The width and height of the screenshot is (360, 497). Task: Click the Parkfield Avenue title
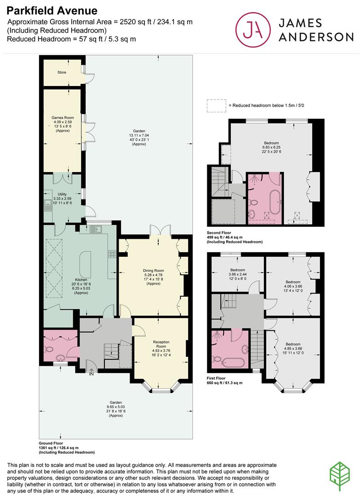(x=52, y=11)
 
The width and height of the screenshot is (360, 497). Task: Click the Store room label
(x=62, y=72)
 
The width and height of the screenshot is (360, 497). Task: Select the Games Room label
(x=63, y=118)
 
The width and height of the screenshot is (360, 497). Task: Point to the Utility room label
(x=62, y=194)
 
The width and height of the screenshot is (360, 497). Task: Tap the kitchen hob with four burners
(x=112, y=254)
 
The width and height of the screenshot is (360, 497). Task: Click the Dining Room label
(x=153, y=271)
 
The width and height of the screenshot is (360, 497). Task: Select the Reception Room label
(x=161, y=344)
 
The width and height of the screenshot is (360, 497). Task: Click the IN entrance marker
(x=91, y=374)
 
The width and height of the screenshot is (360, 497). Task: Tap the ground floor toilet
(x=50, y=349)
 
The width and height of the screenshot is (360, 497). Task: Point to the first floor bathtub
(x=233, y=362)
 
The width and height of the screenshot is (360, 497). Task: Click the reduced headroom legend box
(x=217, y=105)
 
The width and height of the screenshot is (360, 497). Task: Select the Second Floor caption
(x=219, y=233)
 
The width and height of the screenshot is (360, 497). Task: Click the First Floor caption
(x=216, y=378)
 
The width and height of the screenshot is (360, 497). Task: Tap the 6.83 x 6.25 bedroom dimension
(x=271, y=147)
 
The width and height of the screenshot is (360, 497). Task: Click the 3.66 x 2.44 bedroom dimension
(x=237, y=274)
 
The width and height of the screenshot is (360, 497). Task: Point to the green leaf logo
(x=340, y=477)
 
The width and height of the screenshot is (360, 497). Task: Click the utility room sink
(x=48, y=205)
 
